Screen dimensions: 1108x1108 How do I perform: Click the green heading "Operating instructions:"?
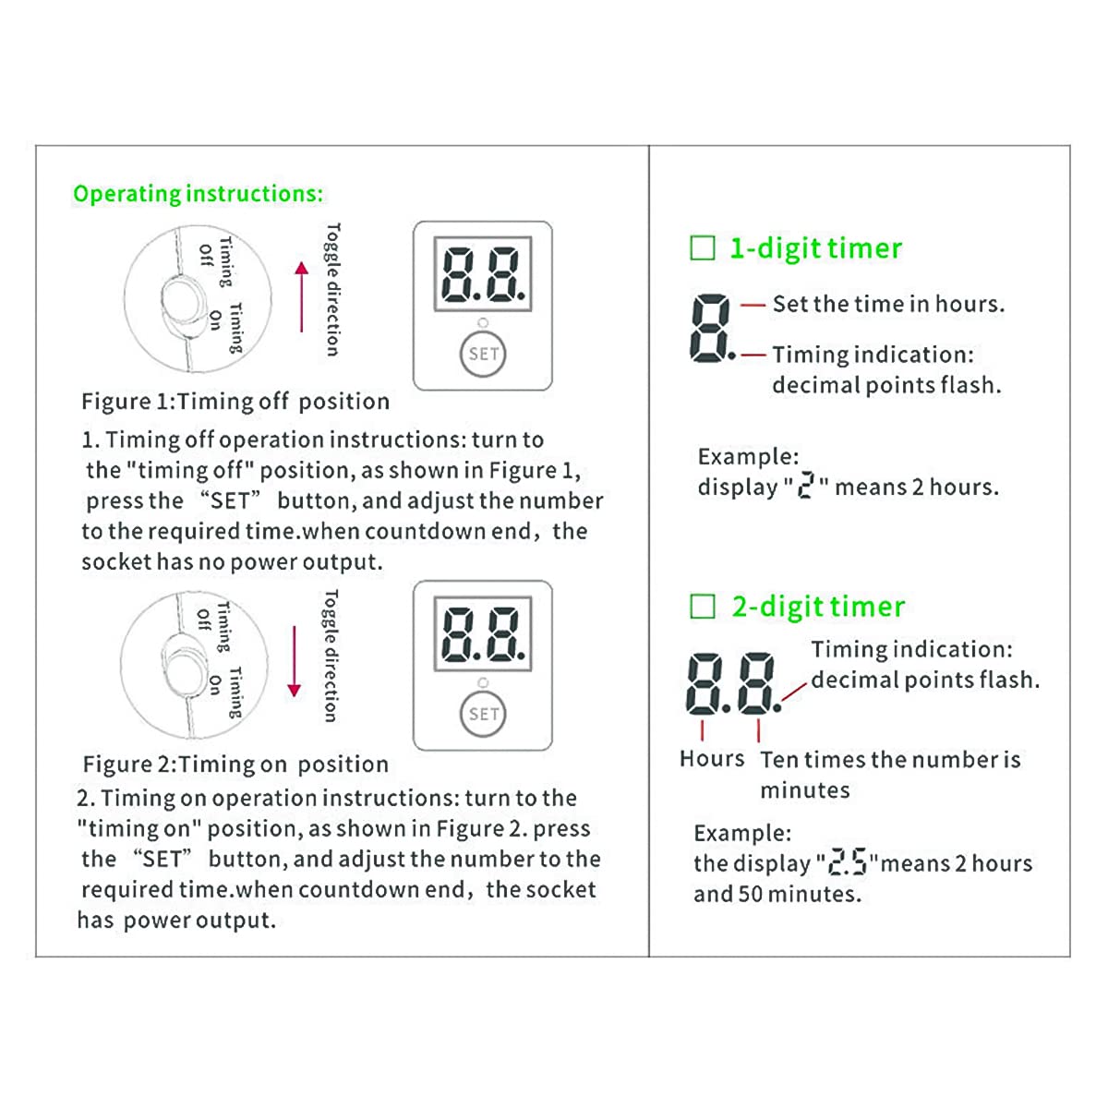tap(198, 194)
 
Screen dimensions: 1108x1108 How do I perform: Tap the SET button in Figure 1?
tap(483, 355)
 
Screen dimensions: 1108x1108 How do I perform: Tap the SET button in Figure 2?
tap(483, 714)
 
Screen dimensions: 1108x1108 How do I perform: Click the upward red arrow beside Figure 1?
tap(301, 296)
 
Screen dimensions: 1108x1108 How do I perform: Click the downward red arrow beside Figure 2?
tap(295, 661)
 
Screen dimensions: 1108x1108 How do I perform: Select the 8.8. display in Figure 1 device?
tap(483, 275)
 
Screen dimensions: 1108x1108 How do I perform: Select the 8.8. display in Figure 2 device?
tap(483, 634)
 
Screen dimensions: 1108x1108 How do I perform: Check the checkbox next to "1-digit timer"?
tap(703, 248)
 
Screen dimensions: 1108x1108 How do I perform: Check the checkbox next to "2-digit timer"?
tap(703, 607)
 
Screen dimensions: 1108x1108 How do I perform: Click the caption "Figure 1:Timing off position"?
tap(235, 402)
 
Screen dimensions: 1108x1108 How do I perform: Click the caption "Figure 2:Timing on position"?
tap(235, 765)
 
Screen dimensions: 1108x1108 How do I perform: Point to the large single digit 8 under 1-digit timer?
tap(710, 329)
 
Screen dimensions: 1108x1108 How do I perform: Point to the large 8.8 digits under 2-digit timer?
tap(732, 683)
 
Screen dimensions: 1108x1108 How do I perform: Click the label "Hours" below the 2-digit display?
tap(711, 759)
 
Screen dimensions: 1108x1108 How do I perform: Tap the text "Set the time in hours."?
tap(888, 304)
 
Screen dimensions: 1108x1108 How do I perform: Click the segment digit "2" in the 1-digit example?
tap(805, 487)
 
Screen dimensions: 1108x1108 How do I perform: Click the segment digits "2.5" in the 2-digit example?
tap(847, 862)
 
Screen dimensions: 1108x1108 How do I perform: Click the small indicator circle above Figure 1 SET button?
tap(483, 323)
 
